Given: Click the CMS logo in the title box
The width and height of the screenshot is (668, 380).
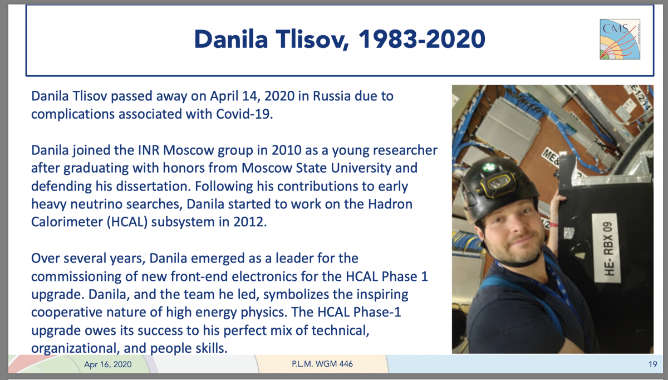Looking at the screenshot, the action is (620, 39).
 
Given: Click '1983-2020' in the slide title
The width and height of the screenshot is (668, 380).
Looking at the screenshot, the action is (422, 39).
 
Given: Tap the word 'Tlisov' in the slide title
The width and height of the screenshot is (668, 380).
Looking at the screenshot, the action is (312, 39).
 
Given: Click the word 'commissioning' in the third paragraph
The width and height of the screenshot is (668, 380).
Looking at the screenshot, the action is (76, 276).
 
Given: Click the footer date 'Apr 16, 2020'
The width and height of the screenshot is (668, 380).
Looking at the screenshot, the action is (108, 364).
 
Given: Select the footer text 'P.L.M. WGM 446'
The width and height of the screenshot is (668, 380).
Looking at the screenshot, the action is (322, 364).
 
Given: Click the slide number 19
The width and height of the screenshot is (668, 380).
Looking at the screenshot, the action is (653, 364).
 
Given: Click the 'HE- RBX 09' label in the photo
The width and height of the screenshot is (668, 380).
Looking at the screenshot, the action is (606, 249).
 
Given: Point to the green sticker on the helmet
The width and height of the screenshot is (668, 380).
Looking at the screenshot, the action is (489, 167).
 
